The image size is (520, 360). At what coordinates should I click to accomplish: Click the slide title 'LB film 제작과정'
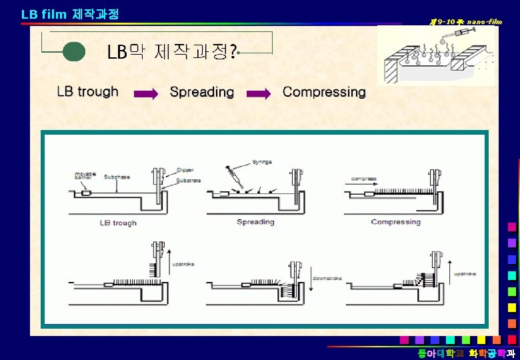coord(71,13)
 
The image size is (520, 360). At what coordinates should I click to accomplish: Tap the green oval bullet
coord(74,52)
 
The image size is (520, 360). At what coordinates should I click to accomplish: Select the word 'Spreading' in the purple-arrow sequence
coord(202,92)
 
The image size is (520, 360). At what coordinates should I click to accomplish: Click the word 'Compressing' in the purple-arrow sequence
coord(324,92)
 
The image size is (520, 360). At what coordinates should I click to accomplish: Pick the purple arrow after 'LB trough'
coord(146,94)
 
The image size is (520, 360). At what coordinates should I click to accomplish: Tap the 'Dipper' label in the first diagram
coord(185,170)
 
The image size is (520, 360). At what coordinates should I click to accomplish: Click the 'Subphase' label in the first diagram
coord(114,176)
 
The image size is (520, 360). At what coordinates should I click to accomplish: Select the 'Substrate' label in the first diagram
coord(188,181)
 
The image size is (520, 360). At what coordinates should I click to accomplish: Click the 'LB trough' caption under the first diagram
coord(118,223)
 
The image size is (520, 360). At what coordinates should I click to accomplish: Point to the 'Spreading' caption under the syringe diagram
coord(255,222)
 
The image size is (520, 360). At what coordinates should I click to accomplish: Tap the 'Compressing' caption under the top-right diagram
coord(396,222)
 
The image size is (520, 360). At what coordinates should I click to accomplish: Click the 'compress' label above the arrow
coord(365,178)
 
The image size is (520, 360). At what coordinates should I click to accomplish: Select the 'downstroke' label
coord(327,278)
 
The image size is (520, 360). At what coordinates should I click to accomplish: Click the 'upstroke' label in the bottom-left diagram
coord(183,264)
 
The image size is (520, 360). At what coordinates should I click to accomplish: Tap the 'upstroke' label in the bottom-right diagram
coord(466,274)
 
